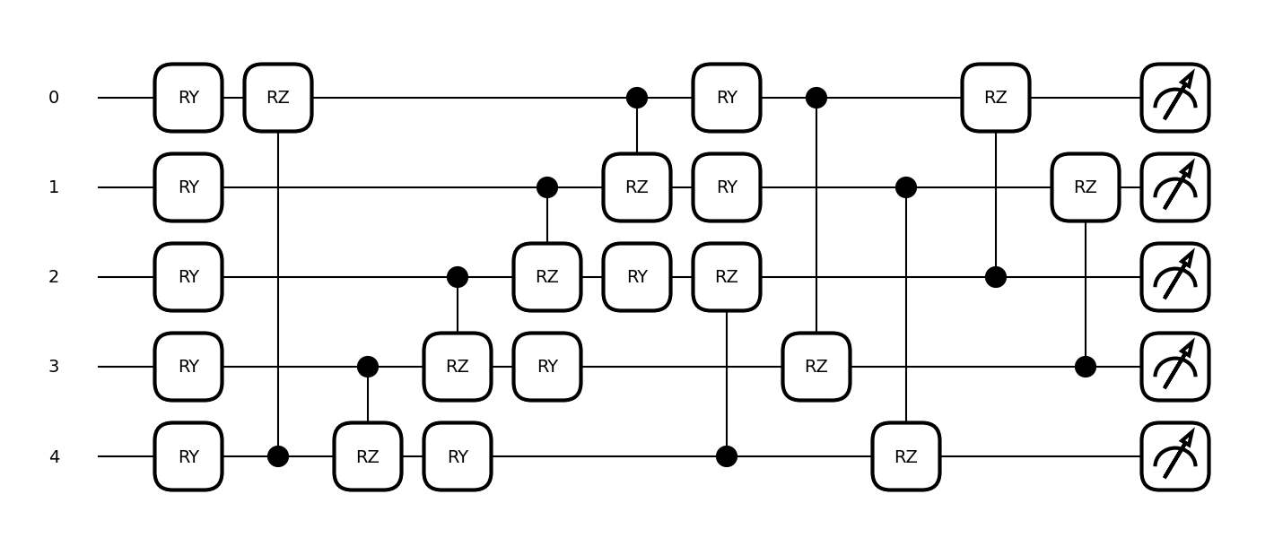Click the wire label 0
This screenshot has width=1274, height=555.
(54, 98)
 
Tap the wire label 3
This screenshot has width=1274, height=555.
(54, 367)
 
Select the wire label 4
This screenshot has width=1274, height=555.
(54, 456)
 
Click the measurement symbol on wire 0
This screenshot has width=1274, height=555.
(1174, 98)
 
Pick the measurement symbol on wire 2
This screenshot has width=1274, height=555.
(1174, 277)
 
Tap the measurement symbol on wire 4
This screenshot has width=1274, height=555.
(1174, 456)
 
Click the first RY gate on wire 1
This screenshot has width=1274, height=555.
(188, 187)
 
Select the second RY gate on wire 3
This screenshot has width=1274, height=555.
(547, 367)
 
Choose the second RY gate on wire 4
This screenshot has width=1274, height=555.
(458, 456)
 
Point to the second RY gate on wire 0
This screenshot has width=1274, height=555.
(727, 98)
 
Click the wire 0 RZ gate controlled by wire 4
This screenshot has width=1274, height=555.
(278, 98)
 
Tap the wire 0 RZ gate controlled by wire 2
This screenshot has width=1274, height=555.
(995, 98)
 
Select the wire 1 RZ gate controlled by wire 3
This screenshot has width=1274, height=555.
(1085, 187)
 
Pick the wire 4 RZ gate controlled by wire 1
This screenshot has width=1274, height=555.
(905, 456)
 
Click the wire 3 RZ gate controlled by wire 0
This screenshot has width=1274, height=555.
(816, 367)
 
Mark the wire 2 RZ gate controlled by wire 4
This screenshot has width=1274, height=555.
(727, 277)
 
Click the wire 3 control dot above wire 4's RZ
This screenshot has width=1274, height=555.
(368, 367)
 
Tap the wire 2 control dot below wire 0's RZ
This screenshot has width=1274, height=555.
(995, 277)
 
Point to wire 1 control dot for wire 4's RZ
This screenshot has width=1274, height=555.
(905, 187)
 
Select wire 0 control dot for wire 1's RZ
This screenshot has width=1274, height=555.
(637, 98)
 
